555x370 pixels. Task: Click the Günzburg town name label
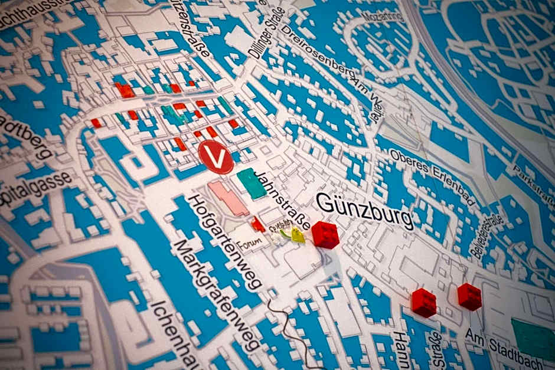364,209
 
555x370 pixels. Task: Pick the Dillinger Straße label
266,32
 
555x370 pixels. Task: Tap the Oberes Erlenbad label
432,176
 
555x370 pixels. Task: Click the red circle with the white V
216,157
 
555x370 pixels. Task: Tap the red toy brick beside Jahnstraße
325,234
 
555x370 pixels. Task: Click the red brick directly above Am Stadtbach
469,296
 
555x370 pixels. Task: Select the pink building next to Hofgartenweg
228,198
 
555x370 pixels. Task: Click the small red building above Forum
257,224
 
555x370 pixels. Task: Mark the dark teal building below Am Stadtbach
534,339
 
